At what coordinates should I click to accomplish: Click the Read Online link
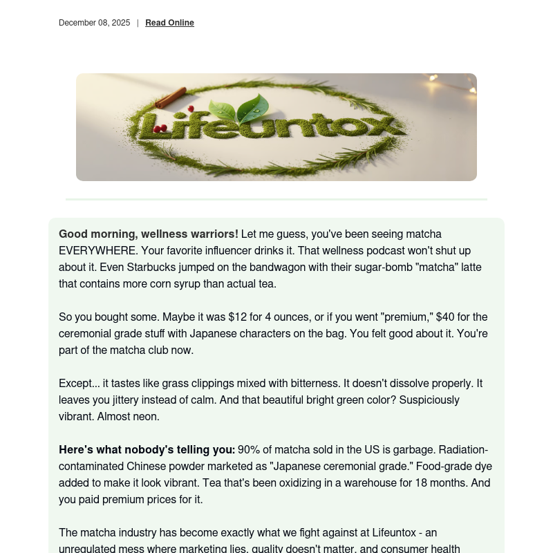click(x=169, y=23)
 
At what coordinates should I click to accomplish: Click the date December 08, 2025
click(x=94, y=23)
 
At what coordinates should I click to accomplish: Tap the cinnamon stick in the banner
click(x=170, y=98)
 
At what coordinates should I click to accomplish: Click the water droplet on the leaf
click(x=256, y=111)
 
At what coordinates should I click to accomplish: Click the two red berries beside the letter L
click(x=158, y=128)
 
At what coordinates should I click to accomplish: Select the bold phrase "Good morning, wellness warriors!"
click(x=148, y=234)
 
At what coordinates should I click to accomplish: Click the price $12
click(x=237, y=317)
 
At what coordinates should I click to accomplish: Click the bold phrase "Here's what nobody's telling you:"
click(x=147, y=450)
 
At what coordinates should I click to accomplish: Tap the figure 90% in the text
click(x=249, y=450)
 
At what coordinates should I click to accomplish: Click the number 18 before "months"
click(x=421, y=483)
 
